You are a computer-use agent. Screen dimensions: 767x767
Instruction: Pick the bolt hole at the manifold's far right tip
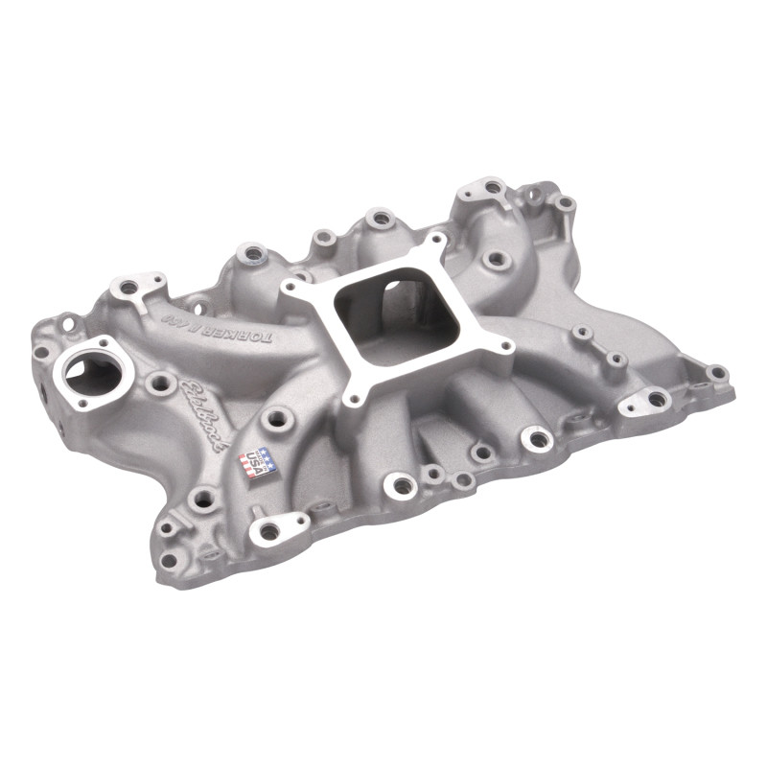716,374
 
